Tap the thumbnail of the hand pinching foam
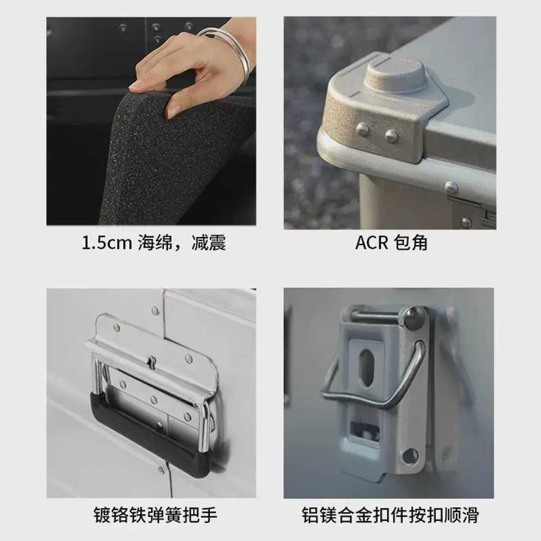(151, 121)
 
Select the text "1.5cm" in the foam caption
(107, 242)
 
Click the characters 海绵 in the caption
(155, 242)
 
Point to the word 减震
(209, 242)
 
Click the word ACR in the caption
(372, 242)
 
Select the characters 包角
(411, 242)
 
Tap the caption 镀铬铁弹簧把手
(155, 515)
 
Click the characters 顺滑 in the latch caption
(461, 515)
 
